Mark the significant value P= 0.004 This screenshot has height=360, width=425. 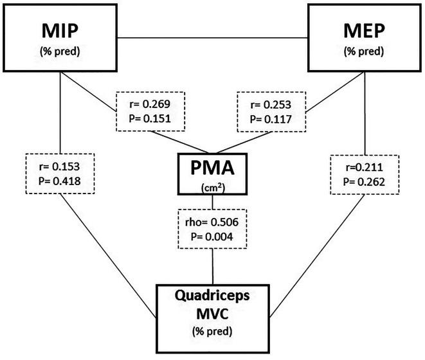click(212, 237)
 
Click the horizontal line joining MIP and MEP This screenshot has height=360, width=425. click(212, 38)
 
